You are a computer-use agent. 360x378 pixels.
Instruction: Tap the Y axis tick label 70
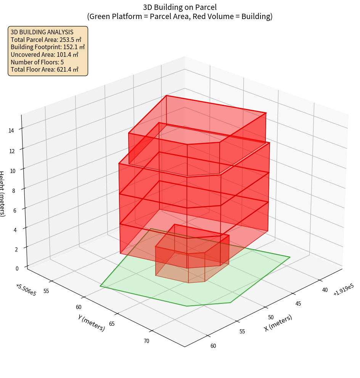146,341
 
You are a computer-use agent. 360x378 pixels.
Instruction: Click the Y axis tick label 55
47,291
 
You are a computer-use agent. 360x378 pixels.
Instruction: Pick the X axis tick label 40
325,290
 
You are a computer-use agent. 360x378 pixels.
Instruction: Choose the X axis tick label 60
213,346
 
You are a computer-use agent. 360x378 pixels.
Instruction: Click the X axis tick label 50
271,317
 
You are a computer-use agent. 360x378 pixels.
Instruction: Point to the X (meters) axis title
278,323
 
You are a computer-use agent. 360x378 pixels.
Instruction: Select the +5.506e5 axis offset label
26,290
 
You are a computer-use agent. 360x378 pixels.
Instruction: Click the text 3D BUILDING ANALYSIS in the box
42,32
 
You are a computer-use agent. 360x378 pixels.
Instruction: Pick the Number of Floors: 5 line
37,62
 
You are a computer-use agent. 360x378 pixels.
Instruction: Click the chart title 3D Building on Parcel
180,7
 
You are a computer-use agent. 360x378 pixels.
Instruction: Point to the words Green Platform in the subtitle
111,16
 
